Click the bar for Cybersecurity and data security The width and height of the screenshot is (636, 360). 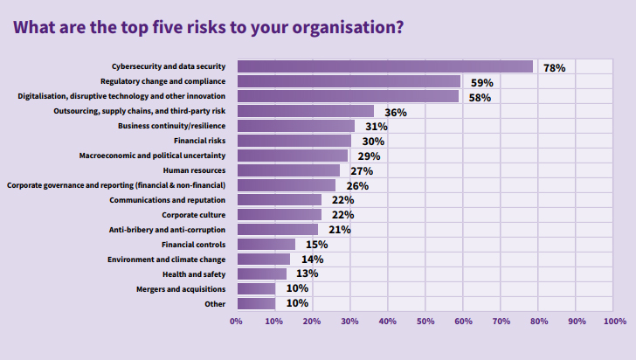tap(384, 66)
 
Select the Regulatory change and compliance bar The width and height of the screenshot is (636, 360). tap(349, 81)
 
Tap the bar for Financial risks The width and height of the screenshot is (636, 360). tap(294, 141)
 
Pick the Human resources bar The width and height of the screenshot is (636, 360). tap(288, 170)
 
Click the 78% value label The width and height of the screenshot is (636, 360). tap(554, 67)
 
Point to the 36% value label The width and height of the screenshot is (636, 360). tap(396, 112)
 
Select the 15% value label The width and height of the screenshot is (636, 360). tap(316, 245)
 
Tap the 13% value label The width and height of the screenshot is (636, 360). tap(307, 274)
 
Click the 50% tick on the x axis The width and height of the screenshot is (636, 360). tap(425, 322)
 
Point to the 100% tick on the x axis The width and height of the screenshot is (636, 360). tap(613, 322)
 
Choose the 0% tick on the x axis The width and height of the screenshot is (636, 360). tap(236, 322)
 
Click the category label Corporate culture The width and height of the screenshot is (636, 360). tap(194, 215)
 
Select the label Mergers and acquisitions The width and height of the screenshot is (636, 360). tap(181, 289)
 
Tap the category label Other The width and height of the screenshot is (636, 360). tap(215, 304)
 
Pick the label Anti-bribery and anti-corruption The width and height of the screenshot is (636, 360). tap(168, 230)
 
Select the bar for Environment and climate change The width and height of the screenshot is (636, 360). tap(263, 260)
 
